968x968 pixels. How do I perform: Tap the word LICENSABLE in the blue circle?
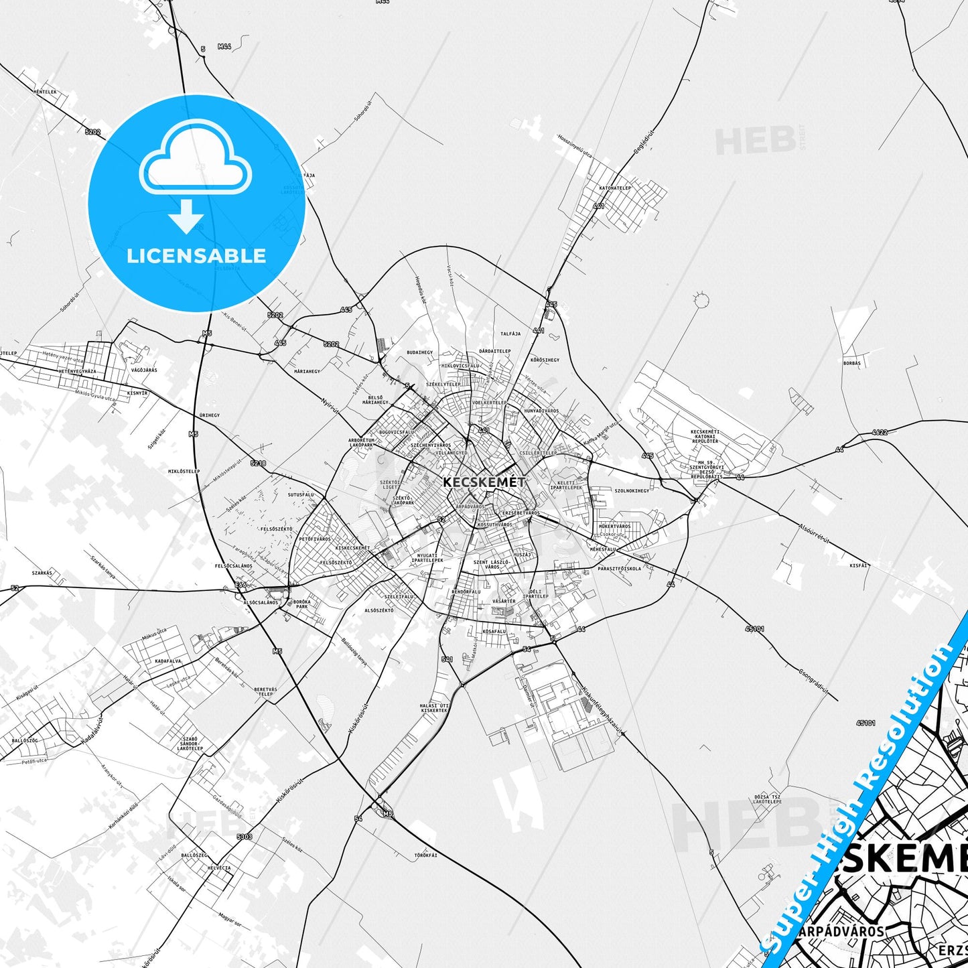pos(196,256)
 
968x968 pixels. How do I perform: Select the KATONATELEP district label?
pos(615,188)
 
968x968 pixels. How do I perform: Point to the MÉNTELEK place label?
pos(46,92)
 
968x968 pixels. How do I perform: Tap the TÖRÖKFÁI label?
pos(425,855)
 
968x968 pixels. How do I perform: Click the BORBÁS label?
pos(852,363)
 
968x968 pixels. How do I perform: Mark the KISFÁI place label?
pos(858,565)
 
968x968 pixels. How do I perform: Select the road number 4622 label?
pos(880,432)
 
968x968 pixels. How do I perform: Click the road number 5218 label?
pos(258,463)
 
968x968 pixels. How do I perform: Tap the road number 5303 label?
pos(245,837)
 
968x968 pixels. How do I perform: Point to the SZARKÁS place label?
pos(42,573)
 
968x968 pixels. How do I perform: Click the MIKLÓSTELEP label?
pos(184,471)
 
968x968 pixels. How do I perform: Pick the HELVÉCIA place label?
pos(219,868)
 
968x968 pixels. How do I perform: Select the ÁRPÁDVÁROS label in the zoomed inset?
pos(841,931)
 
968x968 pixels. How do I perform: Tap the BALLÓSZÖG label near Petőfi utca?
pos(24,740)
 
